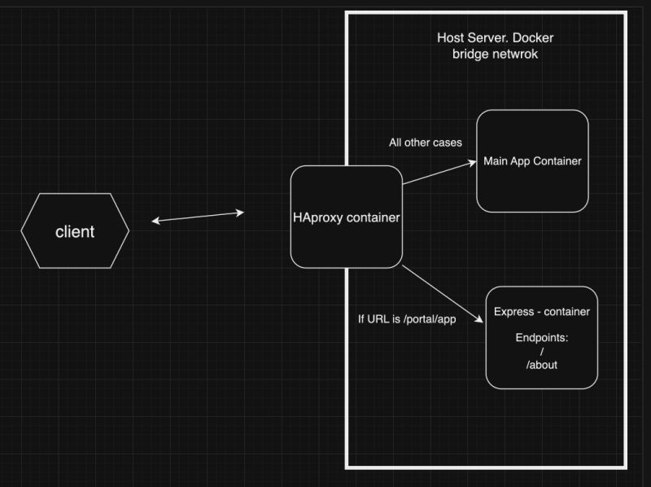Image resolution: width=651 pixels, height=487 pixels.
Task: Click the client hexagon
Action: click(75, 231)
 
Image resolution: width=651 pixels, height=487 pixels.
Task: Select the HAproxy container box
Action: click(347, 217)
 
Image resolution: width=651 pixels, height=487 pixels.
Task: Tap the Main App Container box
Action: click(532, 161)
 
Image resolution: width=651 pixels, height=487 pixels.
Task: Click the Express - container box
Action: click(541, 337)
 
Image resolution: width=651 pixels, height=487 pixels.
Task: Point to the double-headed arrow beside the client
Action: click(198, 217)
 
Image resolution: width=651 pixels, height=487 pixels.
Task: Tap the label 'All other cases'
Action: click(425, 143)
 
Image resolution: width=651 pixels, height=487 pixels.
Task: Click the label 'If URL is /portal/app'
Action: click(406, 318)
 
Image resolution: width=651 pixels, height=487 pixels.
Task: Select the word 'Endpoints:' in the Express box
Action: click(541, 337)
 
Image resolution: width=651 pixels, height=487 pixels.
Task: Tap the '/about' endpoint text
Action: click(541, 364)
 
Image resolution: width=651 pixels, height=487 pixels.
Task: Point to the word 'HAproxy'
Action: click(318, 217)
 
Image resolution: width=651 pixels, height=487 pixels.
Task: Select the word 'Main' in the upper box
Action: click(497, 161)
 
